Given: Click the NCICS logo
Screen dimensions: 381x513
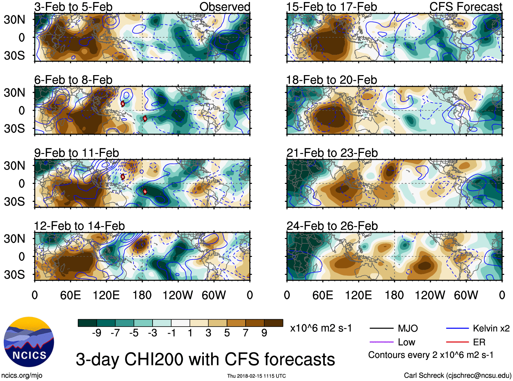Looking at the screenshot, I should click(29, 342).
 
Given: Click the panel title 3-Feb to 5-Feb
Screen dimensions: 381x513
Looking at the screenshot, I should click(73, 7).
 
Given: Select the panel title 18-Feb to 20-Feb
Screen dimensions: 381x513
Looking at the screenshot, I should click(332, 80).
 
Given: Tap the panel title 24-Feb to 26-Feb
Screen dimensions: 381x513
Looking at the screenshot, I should click(332, 226).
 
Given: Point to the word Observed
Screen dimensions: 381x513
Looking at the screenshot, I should click(225, 7).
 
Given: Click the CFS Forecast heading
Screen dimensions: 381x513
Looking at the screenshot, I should click(465, 7).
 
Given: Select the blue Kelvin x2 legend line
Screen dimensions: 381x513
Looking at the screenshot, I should click(457, 328).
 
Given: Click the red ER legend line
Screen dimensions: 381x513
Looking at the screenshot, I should click(457, 342).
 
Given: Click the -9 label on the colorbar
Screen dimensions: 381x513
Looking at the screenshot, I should click(96, 333).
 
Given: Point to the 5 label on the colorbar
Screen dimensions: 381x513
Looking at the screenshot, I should click(227, 333).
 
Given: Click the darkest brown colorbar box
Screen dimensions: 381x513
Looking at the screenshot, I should click(273, 323).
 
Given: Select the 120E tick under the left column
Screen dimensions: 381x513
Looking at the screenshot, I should click(106, 295).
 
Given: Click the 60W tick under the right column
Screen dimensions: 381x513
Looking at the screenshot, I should click(466, 295).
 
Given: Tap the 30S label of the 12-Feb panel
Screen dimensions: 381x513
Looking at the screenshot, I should click(15, 275).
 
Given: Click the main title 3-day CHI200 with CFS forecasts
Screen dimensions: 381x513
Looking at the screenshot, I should click(205, 359).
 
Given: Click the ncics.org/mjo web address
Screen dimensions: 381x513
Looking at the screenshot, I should click(22, 376).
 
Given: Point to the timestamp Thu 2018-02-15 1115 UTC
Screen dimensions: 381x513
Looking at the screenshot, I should click(256, 376).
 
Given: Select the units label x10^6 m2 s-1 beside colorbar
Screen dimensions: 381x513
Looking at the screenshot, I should click(321, 328).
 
